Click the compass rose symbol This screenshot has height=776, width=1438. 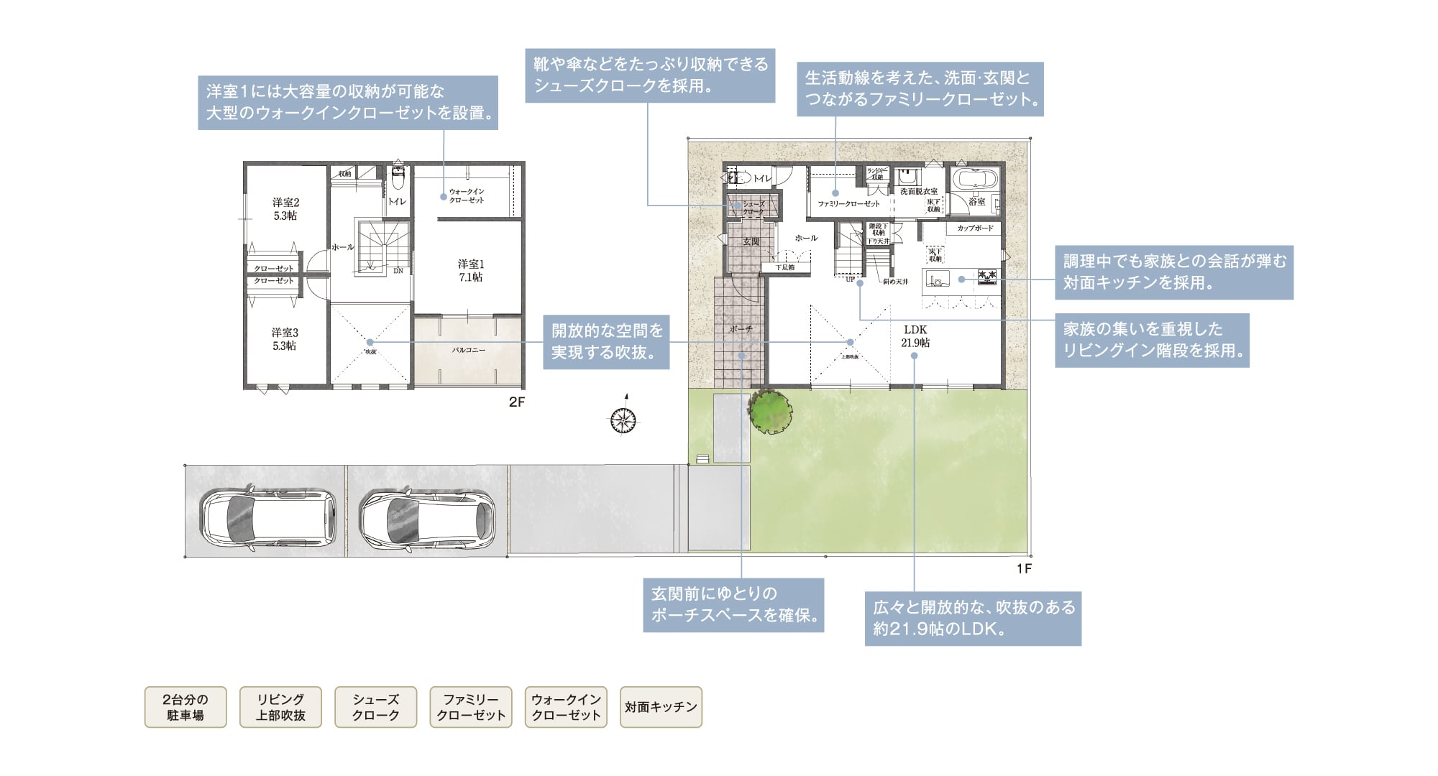[x=623, y=420]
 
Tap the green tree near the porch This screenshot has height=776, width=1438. [x=771, y=412]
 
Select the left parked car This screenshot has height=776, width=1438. [x=268, y=520]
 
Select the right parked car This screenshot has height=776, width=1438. [x=428, y=520]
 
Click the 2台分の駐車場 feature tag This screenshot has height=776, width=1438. [x=186, y=707]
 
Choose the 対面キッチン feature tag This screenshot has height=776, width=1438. [x=661, y=707]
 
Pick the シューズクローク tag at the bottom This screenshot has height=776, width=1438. [x=375, y=707]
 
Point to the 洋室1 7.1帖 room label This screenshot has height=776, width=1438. [x=471, y=271]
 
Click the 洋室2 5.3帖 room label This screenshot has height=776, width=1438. [x=285, y=209]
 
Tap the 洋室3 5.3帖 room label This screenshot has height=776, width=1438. [x=285, y=339]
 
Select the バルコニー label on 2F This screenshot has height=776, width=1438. [x=468, y=350]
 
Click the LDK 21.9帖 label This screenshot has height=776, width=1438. [x=915, y=336]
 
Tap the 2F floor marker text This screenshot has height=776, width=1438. [x=516, y=402]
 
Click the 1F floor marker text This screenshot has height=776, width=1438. [x=1024, y=569]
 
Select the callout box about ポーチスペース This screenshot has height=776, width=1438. [x=733, y=605]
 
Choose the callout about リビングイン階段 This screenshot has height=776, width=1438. [x=1152, y=340]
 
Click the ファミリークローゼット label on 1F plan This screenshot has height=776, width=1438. [x=848, y=203]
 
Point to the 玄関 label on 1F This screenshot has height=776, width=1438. [x=751, y=241]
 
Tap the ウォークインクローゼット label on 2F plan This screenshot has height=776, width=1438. [x=467, y=195]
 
